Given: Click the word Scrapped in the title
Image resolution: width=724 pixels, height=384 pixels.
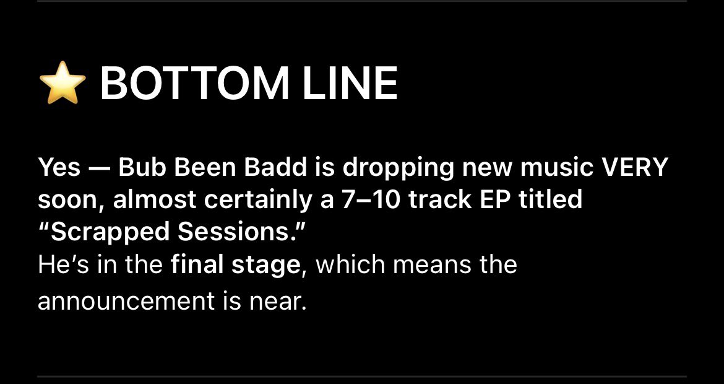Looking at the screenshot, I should click(105, 232).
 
